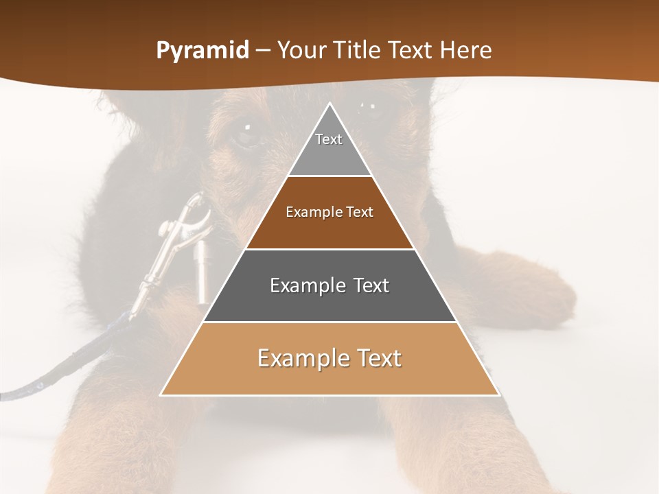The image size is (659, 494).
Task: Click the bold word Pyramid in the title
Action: coord(202,51)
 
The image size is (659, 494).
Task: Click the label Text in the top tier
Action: coord(329,139)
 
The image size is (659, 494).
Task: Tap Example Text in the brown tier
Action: coord(329,212)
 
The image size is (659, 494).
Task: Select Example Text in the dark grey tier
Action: coord(329,285)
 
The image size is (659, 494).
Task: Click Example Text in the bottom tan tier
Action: coord(329,358)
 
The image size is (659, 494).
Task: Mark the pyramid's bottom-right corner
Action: coord(498,395)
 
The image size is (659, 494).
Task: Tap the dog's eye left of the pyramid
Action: coord(245,130)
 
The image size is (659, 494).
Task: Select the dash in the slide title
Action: coord(263,51)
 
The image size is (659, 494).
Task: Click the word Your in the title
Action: coord(301,51)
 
